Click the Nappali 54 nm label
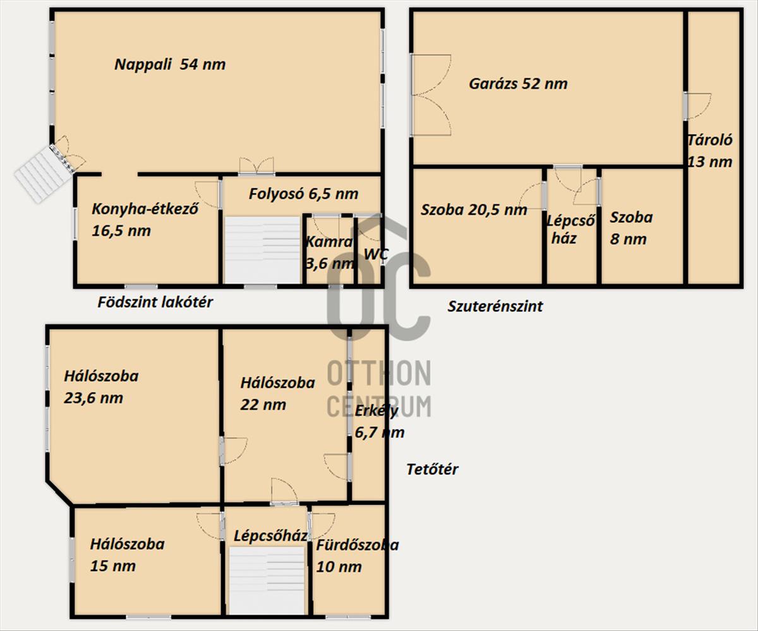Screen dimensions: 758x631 170,64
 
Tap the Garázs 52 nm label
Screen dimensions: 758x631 518,84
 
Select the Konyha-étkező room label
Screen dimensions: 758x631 145,220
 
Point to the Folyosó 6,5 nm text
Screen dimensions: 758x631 303,193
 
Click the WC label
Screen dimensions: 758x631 376,254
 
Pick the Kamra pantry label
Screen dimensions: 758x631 330,252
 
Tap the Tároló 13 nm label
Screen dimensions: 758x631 710,151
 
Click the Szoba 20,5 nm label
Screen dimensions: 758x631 474,210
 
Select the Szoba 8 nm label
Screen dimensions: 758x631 631,228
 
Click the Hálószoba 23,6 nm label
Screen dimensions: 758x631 101,387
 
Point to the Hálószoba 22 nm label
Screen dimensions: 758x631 277,394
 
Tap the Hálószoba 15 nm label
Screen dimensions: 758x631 127,555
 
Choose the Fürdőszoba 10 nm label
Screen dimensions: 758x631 358,556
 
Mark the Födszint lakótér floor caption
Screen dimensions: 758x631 155,303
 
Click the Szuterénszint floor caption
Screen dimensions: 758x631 495,306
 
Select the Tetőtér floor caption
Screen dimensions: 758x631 432,469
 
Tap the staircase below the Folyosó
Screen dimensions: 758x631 263,249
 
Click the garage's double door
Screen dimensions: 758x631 431,95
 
